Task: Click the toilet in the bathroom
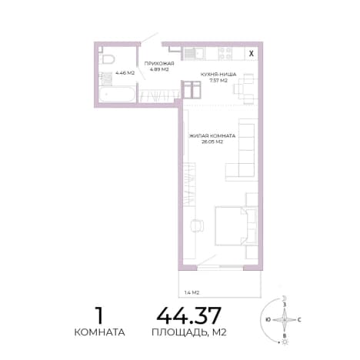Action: [108, 58]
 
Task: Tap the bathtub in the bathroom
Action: [117, 95]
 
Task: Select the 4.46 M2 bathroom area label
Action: [125, 73]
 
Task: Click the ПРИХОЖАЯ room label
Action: [159, 64]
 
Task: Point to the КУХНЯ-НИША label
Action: [218, 75]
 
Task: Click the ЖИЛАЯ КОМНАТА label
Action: [212, 135]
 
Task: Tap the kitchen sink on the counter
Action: [194, 54]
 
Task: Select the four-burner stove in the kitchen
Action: [225, 54]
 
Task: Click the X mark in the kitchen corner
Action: [252, 54]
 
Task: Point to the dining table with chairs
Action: [244, 88]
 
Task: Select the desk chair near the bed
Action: [197, 225]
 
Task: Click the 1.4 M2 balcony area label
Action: [192, 292]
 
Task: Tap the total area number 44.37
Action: [189, 315]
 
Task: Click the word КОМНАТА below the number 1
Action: [99, 332]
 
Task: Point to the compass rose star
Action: [285, 320]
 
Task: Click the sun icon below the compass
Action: [285, 342]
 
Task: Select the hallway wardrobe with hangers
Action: [158, 96]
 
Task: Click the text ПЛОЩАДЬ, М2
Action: [189, 332]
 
